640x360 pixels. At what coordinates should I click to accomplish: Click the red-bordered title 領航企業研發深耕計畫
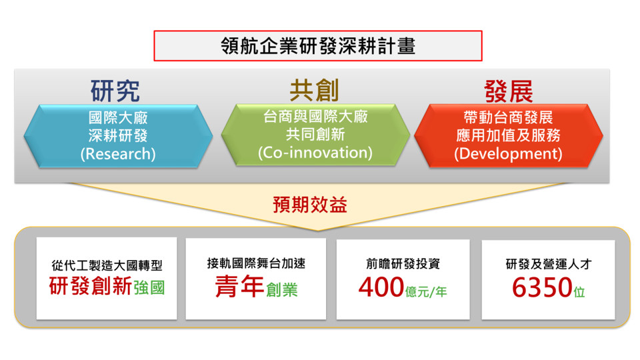[318, 46]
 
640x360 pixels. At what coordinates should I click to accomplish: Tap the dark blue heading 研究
[115, 91]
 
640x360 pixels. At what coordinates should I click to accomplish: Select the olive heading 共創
[314, 90]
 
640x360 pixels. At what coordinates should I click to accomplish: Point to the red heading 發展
[509, 91]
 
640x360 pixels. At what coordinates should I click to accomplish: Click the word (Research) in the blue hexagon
[118, 154]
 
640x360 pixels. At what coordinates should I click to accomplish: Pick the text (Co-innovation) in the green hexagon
[315, 153]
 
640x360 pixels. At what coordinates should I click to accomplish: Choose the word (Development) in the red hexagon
[508, 154]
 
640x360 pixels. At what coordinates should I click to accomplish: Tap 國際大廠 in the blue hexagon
[118, 118]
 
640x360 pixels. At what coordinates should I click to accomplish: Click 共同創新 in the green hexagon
[315, 134]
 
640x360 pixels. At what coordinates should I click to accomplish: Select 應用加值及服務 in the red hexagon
[508, 135]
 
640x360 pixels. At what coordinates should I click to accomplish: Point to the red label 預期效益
[310, 205]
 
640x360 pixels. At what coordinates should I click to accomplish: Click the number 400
[381, 287]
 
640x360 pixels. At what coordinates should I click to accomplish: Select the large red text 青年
[239, 286]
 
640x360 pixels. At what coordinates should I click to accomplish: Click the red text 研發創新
[90, 286]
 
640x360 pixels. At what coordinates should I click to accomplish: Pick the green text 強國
[149, 288]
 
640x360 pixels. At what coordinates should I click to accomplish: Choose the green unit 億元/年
[427, 292]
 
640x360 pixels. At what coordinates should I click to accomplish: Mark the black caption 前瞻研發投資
[403, 264]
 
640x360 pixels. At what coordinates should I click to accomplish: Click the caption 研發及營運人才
[548, 264]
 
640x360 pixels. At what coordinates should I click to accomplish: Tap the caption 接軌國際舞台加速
[256, 263]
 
